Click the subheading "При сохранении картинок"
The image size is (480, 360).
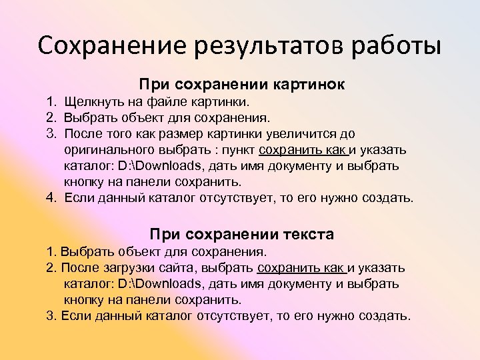[x=241, y=85]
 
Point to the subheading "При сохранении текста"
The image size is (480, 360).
[x=241, y=234]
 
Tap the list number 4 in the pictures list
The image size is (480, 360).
[x=51, y=198]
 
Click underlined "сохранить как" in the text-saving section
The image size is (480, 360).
[x=300, y=268]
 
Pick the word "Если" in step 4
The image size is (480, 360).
[x=79, y=198]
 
